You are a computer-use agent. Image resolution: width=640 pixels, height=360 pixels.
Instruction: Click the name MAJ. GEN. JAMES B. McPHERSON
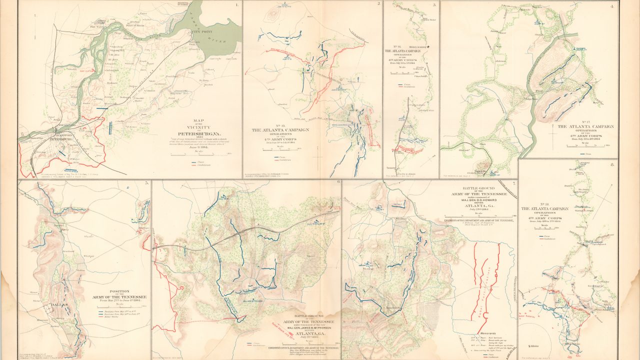(295, 328)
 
